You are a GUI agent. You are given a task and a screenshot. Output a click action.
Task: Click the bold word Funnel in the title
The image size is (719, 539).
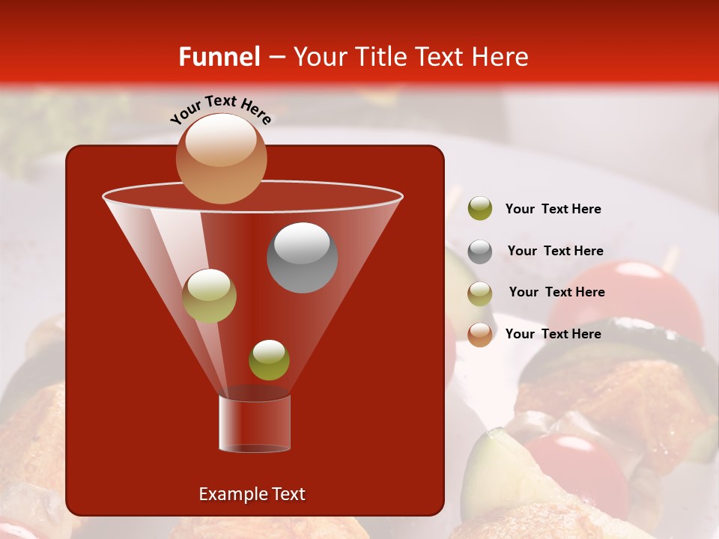(x=219, y=57)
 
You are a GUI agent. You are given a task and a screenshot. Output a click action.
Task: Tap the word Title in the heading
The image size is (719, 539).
(x=381, y=57)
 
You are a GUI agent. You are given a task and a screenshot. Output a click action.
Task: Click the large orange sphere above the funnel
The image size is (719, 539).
(x=221, y=158)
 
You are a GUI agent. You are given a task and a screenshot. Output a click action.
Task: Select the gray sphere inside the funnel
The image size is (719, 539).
(x=302, y=257)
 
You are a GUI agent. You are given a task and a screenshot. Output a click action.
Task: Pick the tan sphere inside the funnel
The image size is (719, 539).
(x=210, y=296)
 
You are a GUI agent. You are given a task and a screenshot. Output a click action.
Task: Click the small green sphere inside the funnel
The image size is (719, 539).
(x=269, y=359)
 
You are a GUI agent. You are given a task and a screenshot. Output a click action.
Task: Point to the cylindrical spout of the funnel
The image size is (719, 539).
(x=254, y=423)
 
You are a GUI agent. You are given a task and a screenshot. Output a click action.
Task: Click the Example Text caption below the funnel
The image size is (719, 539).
(x=252, y=494)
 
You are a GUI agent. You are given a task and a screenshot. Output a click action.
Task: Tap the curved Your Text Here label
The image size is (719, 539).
(x=220, y=110)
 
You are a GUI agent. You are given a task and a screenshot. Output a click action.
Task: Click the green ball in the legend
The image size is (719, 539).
(x=480, y=208)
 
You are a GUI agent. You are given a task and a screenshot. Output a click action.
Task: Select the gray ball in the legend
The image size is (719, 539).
(x=480, y=251)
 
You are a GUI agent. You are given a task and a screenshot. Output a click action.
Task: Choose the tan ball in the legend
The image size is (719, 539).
(x=480, y=293)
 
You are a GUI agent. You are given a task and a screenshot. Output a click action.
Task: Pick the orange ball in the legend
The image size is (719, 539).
(x=480, y=334)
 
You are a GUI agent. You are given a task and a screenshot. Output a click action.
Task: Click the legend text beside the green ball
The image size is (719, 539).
(x=553, y=209)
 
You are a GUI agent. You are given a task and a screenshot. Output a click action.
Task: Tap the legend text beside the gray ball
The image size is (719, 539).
(x=555, y=251)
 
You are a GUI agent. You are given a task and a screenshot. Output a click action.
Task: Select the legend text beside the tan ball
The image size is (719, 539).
(x=556, y=292)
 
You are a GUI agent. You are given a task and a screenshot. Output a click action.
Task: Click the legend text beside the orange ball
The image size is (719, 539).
(x=553, y=334)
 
